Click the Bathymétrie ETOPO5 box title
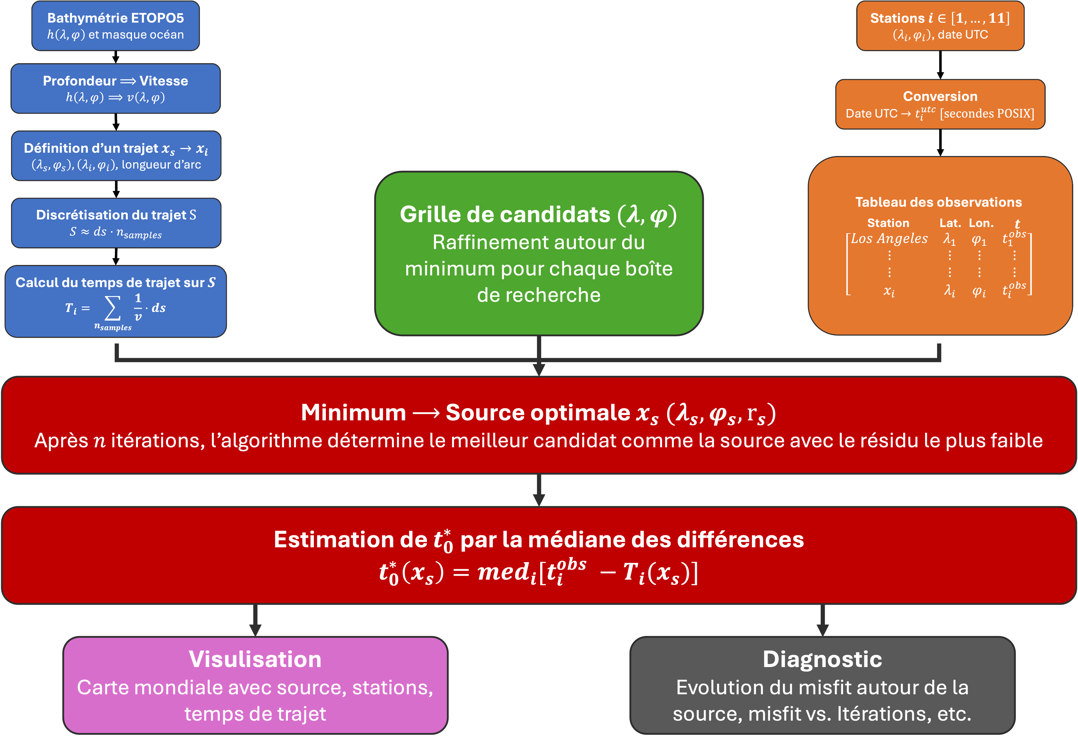tap(116, 18)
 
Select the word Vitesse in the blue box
tap(164, 81)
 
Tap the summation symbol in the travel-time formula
tap(113, 308)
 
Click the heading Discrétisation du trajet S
tap(116, 215)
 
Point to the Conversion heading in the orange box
tap(940, 96)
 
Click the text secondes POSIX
tap(987, 114)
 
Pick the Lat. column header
tap(950, 223)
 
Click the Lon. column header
tap(981, 223)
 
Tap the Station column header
tap(888, 223)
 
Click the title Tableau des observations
tap(938, 202)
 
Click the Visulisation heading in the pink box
tap(255, 659)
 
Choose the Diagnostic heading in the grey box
tap(822, 659)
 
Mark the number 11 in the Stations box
tap(996, 18)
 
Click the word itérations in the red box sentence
tap(158, 441)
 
